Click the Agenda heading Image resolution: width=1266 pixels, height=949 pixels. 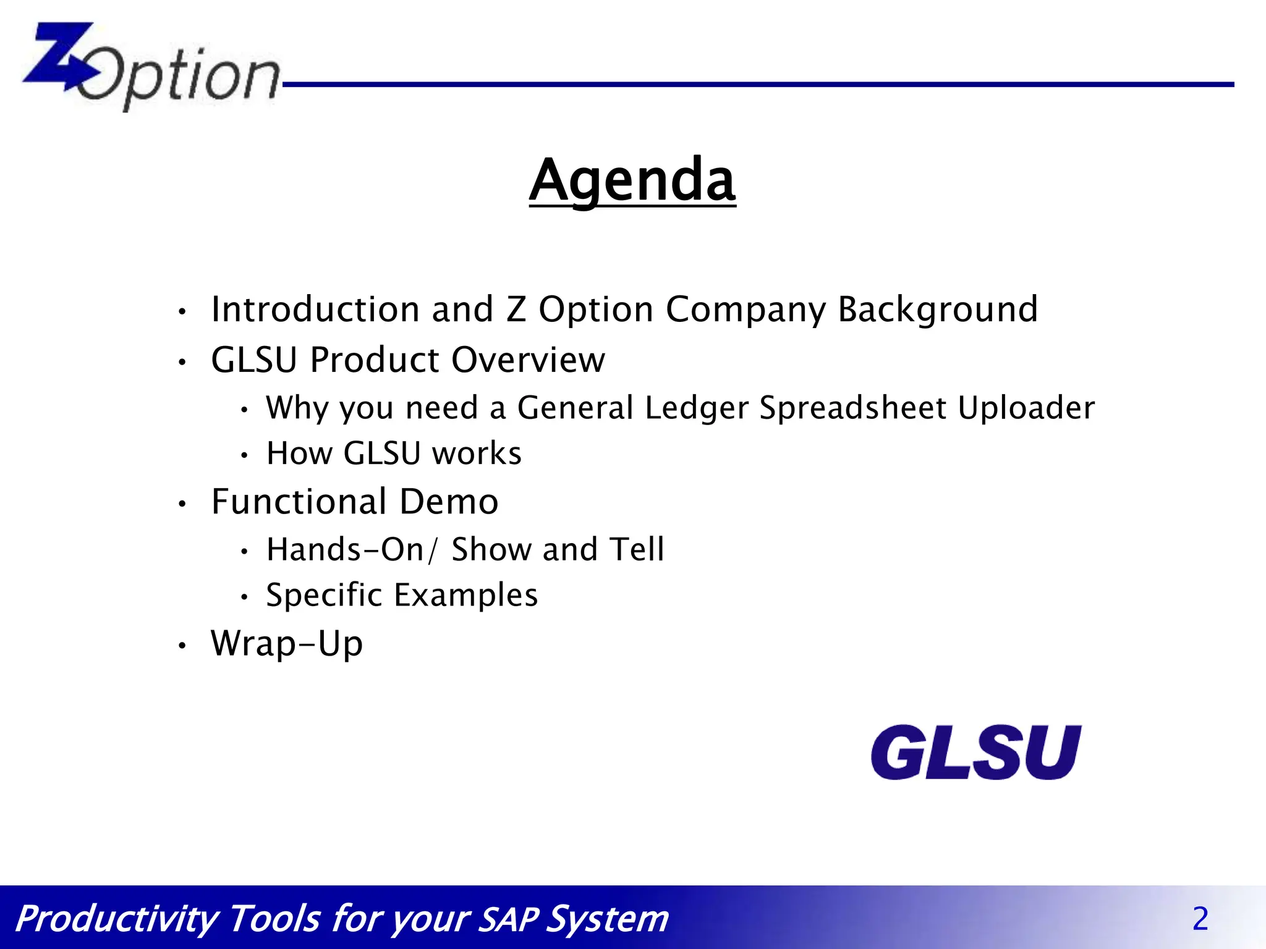click(x=632, y=180)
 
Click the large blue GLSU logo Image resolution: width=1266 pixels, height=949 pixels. click(x=975, y=752)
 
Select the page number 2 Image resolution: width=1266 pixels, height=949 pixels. click(x=1200, y=919)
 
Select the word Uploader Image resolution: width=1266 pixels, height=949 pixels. click(x=1026, y=408)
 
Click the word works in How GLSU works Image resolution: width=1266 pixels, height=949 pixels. click(x=477, y=453)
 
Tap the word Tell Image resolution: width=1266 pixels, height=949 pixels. click(x=636, y=549)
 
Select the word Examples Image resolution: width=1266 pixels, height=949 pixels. click(x=465, y=596)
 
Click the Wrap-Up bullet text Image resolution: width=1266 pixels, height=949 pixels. click(x=287, y=644)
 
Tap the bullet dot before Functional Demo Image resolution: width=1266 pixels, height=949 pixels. click(x=182, y=504)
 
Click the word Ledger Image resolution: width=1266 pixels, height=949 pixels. click(x=696, y=408)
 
